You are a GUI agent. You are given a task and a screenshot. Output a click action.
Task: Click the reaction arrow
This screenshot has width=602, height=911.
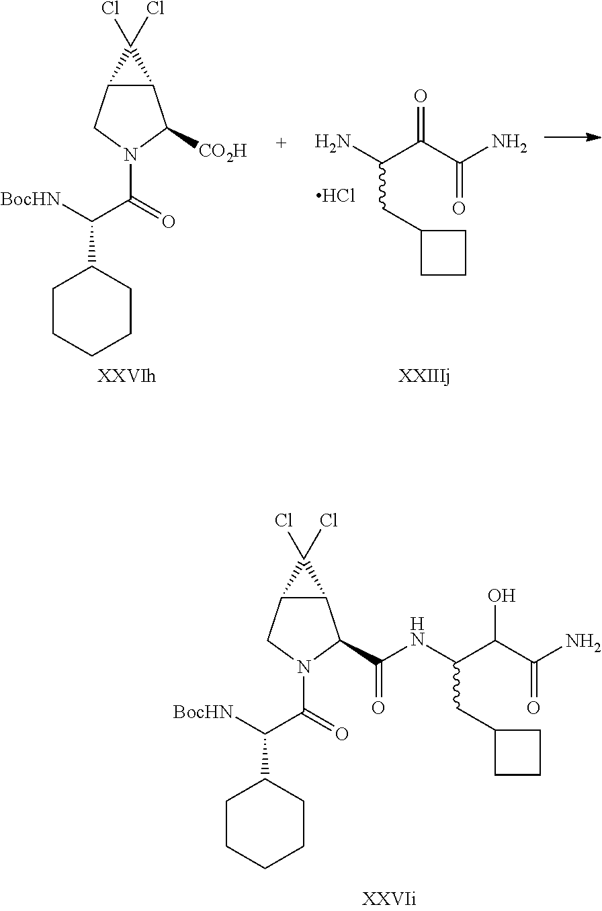571,137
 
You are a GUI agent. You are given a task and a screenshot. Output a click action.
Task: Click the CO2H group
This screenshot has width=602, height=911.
222,149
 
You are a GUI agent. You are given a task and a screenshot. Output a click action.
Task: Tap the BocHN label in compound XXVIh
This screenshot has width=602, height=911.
31,199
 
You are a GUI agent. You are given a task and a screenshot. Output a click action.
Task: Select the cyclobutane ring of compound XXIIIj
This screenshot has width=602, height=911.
443,252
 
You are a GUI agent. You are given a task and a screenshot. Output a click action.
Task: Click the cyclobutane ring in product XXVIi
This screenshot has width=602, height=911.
517,752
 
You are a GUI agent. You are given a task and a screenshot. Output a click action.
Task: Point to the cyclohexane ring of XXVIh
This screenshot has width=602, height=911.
92,311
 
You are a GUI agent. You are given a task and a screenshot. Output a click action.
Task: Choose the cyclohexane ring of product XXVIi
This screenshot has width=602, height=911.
265,824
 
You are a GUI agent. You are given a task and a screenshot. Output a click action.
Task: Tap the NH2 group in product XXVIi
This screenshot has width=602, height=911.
582,641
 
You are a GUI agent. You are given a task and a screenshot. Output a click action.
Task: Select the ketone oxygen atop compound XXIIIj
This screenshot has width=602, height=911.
421,97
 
